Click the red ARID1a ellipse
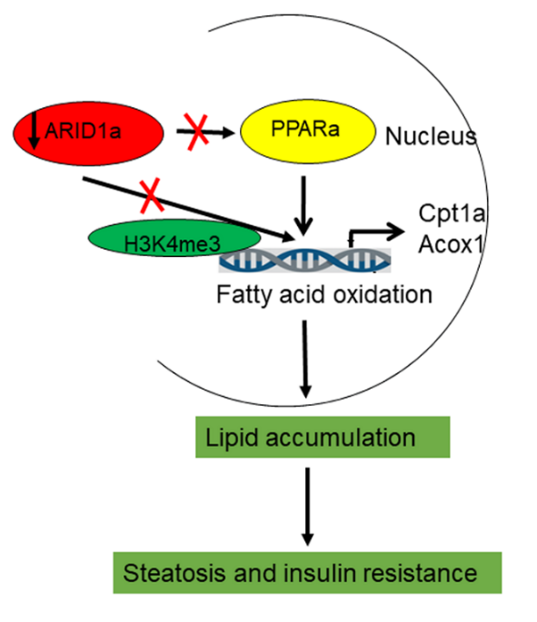coord(88,133)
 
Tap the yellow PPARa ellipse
coord(308,132)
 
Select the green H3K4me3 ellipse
coord(174,238)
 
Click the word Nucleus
coord(431,136)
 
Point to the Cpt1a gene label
coord(452,212)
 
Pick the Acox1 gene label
coord(452,243)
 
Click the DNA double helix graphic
coord(304,261)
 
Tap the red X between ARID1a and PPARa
coord(195,132)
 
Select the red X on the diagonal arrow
coord(151,195)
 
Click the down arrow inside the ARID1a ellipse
coord(35,131)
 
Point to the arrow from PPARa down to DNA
coord(304,206)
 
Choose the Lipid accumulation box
coord(323,437)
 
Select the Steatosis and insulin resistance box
coord(307,572)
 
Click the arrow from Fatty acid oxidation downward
coord(305,359)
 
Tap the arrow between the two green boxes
coord(308,507)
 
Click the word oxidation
coord(383,295)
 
